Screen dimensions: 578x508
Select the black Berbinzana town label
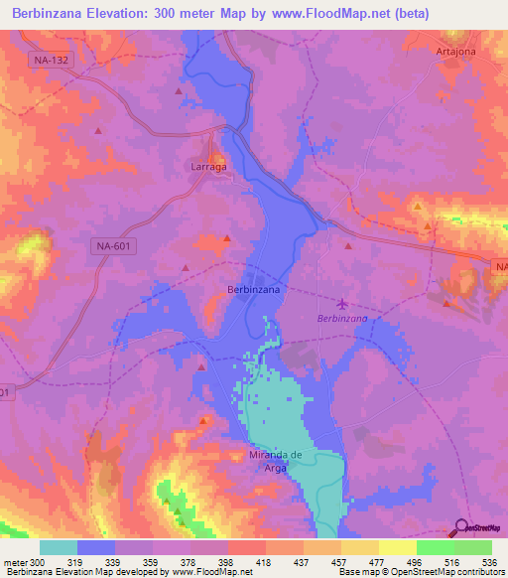[253, 288]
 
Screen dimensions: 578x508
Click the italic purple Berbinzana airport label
[342, 318]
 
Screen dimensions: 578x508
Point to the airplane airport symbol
[343, 303]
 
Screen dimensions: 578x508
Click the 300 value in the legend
[38, 562]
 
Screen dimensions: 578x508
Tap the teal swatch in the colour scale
[58, 547]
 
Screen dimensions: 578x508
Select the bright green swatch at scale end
[473, 547]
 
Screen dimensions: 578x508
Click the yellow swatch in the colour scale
[397, 547]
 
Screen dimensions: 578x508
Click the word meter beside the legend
[15, 562]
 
